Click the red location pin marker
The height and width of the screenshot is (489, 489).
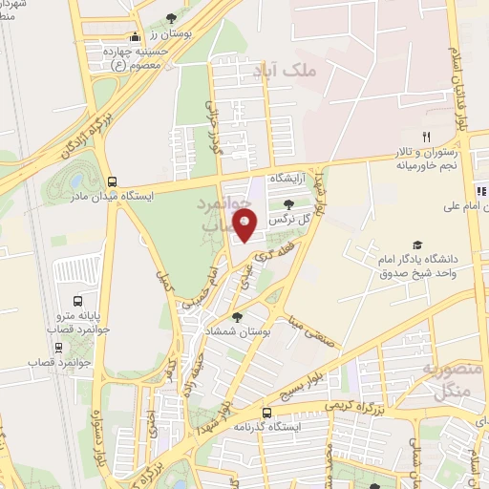[x=246, y=227]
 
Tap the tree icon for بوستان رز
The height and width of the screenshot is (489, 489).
[x=170, y=18]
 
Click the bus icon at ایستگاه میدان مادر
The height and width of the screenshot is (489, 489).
[x=113, y=181]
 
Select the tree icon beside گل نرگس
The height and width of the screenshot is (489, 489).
[x=288, y=203]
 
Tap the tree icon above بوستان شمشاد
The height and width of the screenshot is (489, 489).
[x=238, y=316]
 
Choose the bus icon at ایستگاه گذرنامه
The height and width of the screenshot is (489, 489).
[x=266, y=413]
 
